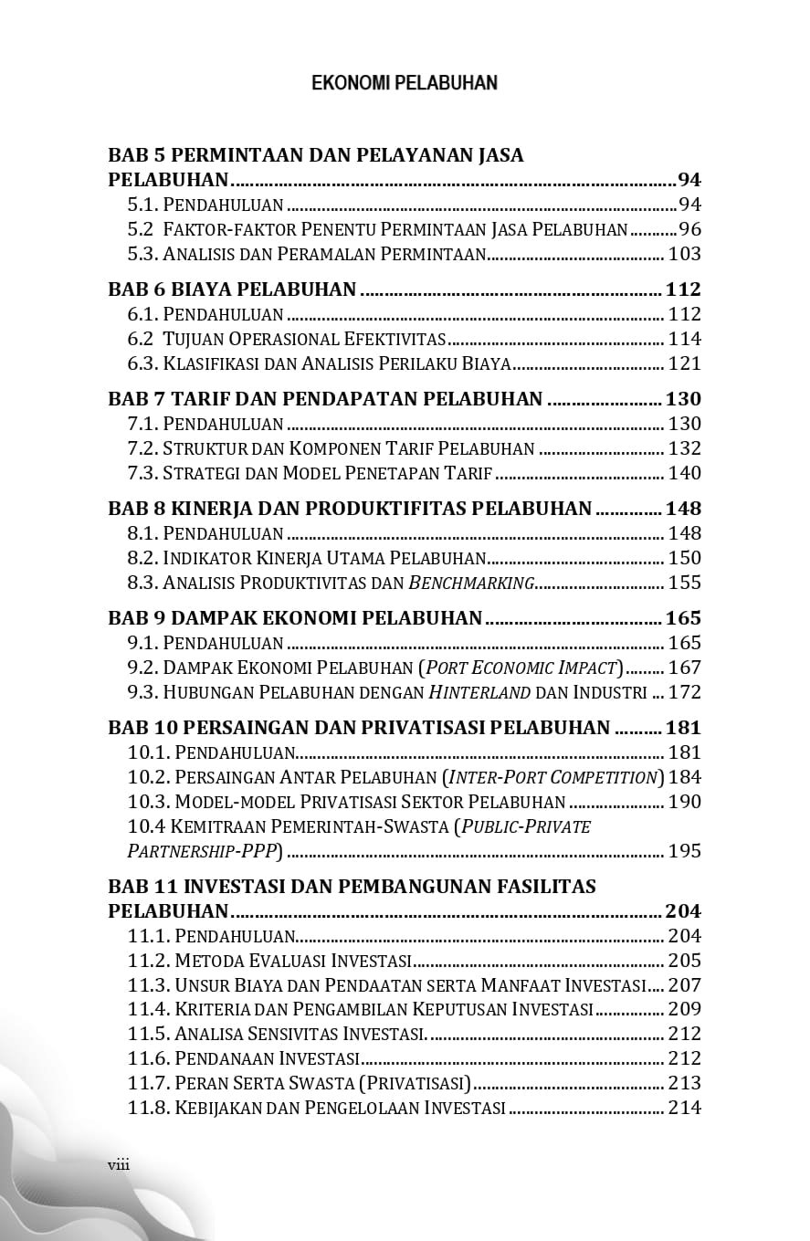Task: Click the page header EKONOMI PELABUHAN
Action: coord(405,83)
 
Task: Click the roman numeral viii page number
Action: coord(119,1163)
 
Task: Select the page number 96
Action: coord(689,229)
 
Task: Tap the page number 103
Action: coord(685,254)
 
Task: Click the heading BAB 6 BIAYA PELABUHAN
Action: coord(232,289)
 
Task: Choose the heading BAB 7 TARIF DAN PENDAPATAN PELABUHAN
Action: coord(325,399)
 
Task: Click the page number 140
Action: coord(685,473)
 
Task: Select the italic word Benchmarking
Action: coord(471,583)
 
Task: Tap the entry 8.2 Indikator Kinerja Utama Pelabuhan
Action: coord(306,558)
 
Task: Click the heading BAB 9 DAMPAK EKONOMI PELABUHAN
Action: coord(295,618)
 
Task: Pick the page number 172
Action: coord(685,692)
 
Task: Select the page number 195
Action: coord(685,851)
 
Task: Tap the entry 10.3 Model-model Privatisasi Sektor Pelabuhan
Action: coord(347,802)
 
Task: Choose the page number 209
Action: coord(685,1009)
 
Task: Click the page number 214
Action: coord(685,1108)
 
